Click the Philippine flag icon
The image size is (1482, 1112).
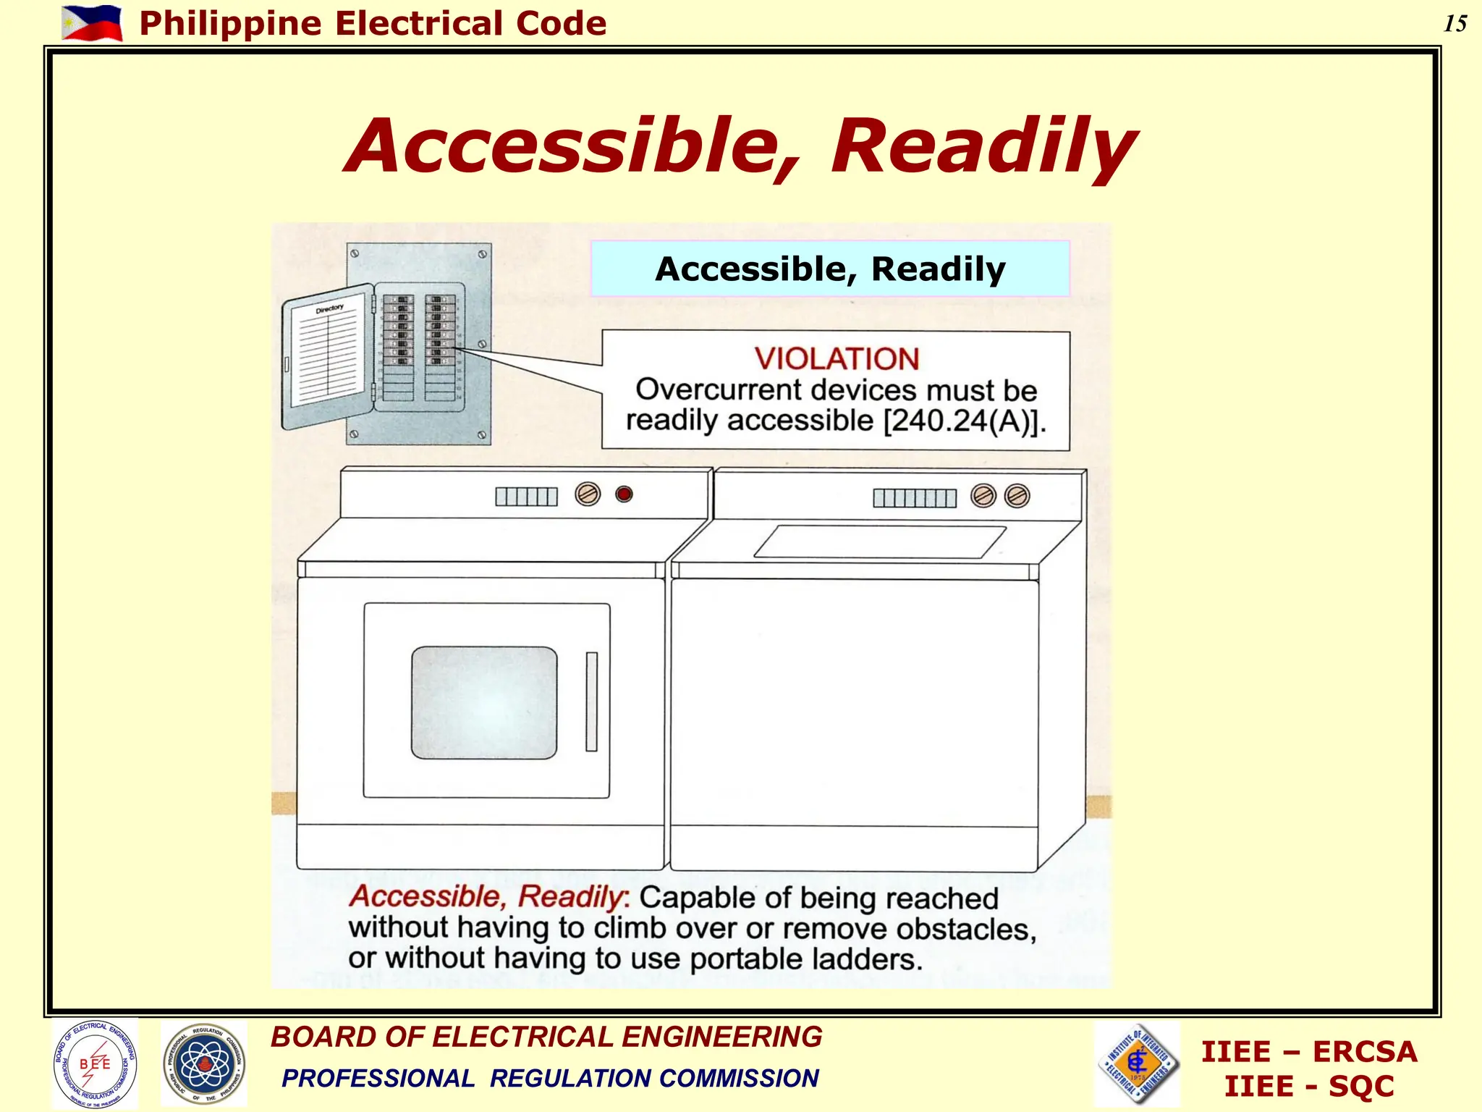pos(92,22)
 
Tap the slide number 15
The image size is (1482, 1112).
pos(1455,24)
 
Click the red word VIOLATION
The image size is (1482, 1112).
pos(837,359)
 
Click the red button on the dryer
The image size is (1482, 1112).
pos(624,494)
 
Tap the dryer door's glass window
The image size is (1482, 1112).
pos(484,703)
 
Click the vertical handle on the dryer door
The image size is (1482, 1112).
pos(591,702)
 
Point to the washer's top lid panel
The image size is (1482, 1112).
pos(879,542)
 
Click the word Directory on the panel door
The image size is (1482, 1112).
pos(329,309)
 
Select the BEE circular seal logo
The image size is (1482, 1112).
pos(95,1063)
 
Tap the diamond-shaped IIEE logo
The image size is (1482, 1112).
pos(1138,1063)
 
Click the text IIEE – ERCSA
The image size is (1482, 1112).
pos(1308,1052)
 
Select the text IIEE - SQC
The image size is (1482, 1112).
pos(1308,1087)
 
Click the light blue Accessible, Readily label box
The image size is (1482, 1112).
pos(829,269)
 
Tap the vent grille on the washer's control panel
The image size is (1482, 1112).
pos(914,498)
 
